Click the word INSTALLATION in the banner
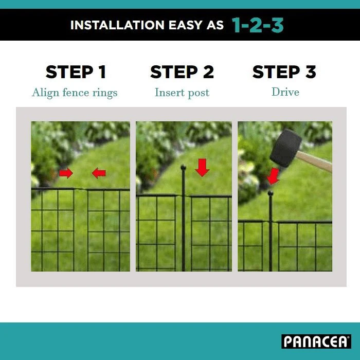pos(117,25)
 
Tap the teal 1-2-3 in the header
pos(258,25)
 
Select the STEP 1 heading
pos(76,72)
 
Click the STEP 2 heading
pos(182,72)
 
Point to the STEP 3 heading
pos(284,72)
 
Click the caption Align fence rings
pos(75,93)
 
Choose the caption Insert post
pos(182,93)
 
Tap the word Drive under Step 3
pos(285,92)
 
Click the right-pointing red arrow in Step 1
pos(66,173)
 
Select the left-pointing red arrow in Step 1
pos(99,173)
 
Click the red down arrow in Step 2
pos(202,168)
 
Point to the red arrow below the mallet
pos(273,176)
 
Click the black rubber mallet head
pos(285,148)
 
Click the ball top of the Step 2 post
pos(183,167)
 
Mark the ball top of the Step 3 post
pos(271,193)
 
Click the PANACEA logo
pos(316,341)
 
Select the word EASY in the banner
pos(185,25)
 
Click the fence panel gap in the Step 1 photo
pos(81,229)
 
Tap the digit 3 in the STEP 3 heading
pos(311,72)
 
